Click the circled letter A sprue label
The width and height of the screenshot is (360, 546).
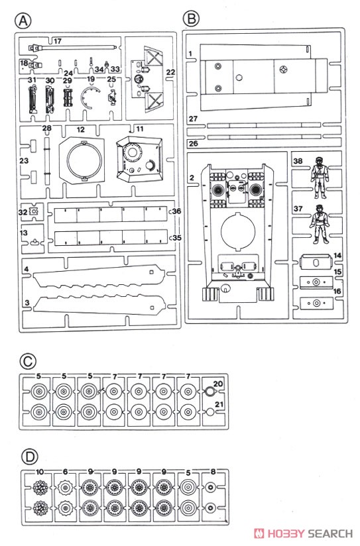coord(23,21)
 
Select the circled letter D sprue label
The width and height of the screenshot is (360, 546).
coord(29,456)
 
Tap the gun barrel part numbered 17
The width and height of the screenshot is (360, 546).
coord(74,46)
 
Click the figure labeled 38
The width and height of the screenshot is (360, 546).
coord(320,177)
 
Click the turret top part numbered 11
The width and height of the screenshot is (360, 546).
coord(139,159)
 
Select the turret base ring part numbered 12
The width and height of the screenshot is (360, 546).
coord(82,160)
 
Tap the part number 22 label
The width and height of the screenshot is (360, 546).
coord(171,72)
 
